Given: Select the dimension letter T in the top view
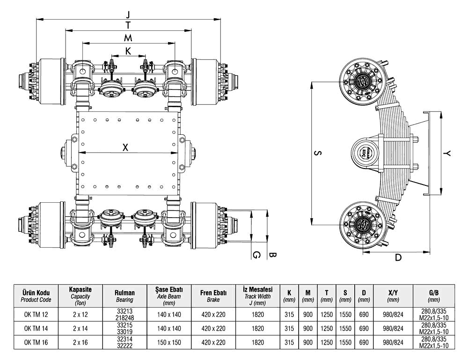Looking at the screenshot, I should [x=128, y=26].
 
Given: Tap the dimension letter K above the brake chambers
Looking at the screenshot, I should [x=128, y=51].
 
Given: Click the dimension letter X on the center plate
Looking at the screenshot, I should [x=125, y=147].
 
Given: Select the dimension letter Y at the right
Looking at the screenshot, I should [x=448, y=153].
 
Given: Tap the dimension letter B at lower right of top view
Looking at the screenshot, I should [x=273, y=255].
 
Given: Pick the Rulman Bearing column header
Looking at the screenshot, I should [x=124, y=295].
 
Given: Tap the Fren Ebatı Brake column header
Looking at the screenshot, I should [x=213, y=295].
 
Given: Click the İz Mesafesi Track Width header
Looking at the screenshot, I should [x=257, y=295].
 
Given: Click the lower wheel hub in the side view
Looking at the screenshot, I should [x=362, y=223].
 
